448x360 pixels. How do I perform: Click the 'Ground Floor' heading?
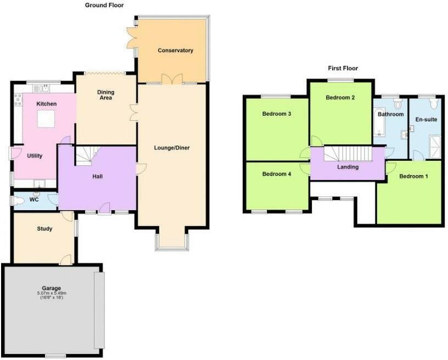(x=104, y=5)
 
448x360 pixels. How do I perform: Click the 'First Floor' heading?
(x=343, y=69)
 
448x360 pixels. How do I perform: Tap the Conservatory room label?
(x=175, y=50)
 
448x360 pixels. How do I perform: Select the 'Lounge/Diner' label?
(x=172, y=148)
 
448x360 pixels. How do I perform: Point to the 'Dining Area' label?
(x=105, y=95)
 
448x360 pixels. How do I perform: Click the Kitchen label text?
(x=47, y=104)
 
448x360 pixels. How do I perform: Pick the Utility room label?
(x=35, y=156)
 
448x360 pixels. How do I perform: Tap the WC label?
(x=33, y=199)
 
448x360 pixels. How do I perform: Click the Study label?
(x=44, y=228)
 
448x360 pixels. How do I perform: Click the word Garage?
(x=52, y=288)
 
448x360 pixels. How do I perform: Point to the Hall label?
(x=98, y=176)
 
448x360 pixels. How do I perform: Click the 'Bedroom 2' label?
(x=340, y=98)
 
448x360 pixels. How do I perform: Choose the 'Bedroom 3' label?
(x=277, y=114)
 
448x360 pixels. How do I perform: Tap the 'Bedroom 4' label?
(x=276, y=174)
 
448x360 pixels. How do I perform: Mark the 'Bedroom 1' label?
(x=413, y=176)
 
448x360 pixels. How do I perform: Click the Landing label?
(x=348, y=167)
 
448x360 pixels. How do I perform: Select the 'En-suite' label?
(x=425, y=119)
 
